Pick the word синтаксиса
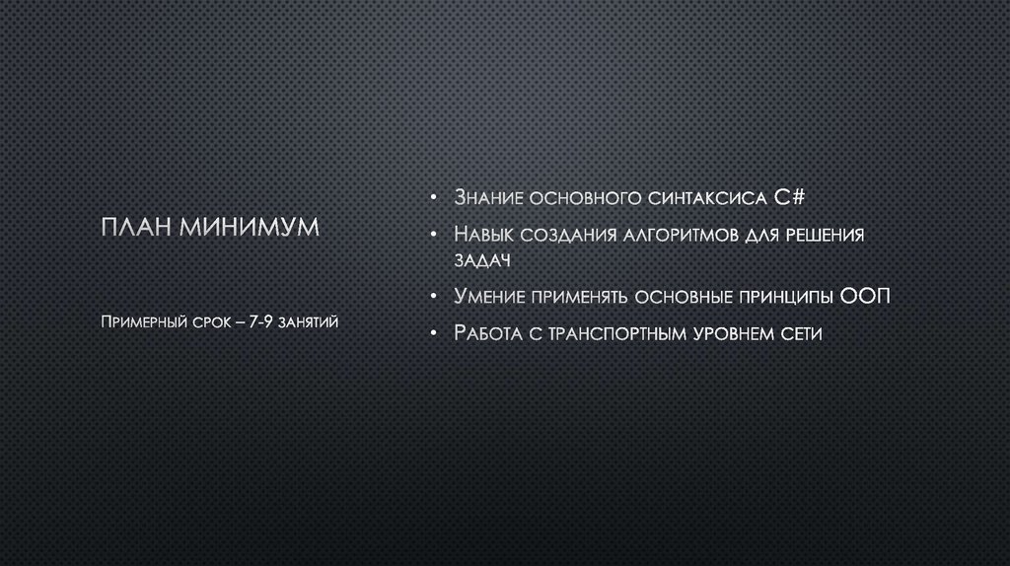709,198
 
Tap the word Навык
483,236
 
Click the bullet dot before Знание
433,199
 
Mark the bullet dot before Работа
433,334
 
